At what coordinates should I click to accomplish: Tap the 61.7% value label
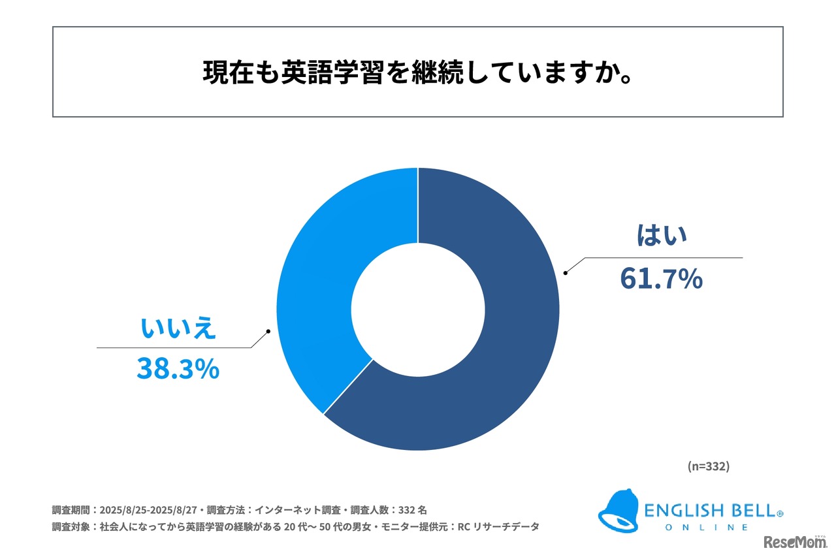coord(661,279)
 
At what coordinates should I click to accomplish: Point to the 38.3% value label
coord(178,369)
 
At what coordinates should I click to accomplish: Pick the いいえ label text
coord(178,328)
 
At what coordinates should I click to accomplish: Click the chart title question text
coord(417,73)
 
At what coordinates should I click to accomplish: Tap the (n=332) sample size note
coord(709,466)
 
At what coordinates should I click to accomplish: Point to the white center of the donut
coord(418,310)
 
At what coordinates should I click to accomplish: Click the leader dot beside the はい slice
coord(566,272)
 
